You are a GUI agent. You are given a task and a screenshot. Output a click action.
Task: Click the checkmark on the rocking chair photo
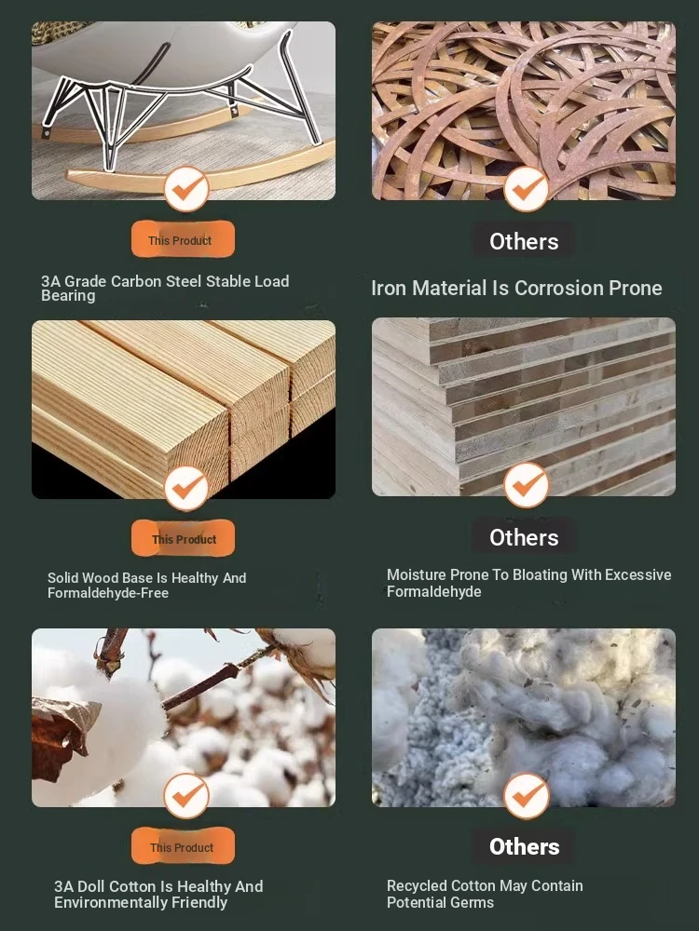pos(186,189)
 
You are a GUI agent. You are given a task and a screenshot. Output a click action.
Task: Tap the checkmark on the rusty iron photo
pos(526,189)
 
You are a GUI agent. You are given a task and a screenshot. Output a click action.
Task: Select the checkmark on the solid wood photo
pos(186,488)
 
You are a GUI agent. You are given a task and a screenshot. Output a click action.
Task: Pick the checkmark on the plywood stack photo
pos(526,485)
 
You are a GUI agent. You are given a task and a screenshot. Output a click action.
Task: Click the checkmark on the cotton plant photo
pos(186,796)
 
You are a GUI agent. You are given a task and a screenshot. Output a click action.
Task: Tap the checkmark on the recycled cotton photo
pos(526,796)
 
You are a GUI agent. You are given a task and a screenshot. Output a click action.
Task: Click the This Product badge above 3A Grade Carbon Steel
pos(183,240)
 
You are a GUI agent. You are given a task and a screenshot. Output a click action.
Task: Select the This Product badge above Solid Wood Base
pos(183,538)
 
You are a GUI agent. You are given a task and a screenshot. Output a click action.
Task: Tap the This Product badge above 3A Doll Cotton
pos(183,846)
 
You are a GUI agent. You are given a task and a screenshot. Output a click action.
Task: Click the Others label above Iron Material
pos(524,241)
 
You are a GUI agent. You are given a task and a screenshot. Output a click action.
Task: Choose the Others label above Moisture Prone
pos(524,537)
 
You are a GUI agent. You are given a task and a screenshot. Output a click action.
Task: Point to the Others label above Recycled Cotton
pos(524,846)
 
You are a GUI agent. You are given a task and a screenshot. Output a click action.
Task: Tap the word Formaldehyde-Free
pos(108,593)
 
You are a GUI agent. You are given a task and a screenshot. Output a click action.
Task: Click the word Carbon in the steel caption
pos(133,281)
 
